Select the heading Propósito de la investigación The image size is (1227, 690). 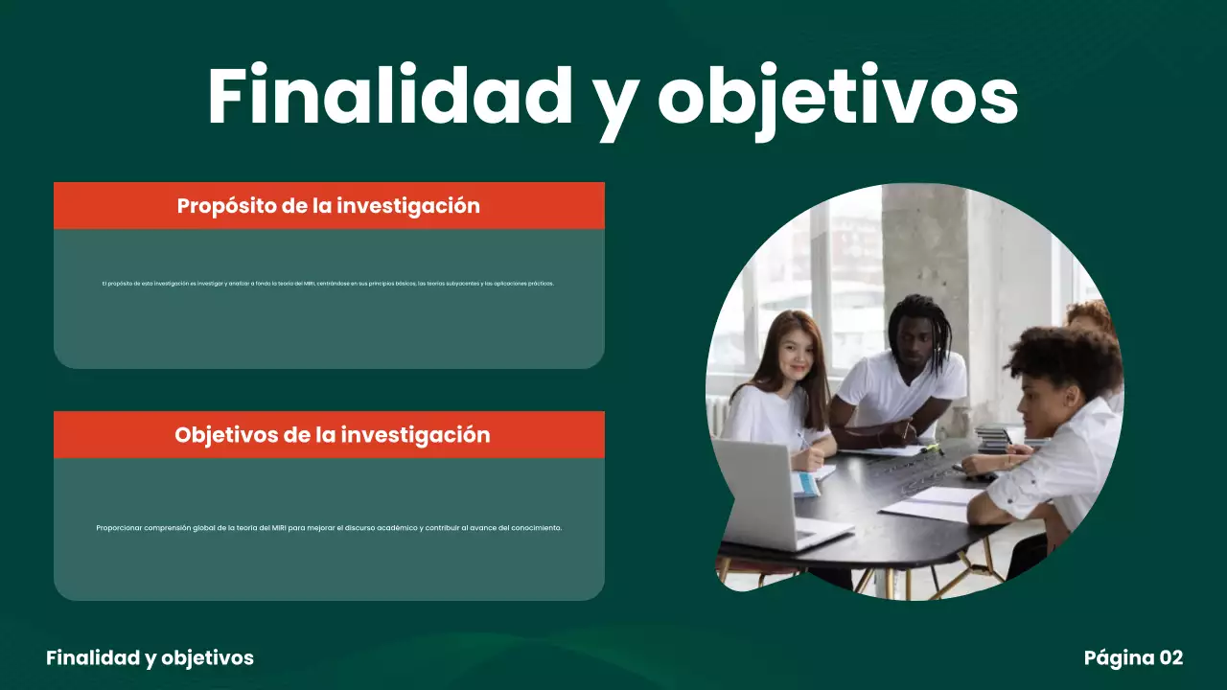pyautogui.click(x=329, y=205)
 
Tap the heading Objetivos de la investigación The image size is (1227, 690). pyautogui.click(x=332, y=434)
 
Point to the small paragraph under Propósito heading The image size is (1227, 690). pyautogui.click(x=328, y=284)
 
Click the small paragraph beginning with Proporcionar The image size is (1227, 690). pyautogui.click(x=329, y=527)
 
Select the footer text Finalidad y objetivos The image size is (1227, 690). pyautogui.click(x=150, y=657)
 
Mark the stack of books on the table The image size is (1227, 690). pyautogui.click(x=994, y=439)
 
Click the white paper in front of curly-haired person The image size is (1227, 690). pyautogui.click(x=925, y=505)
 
